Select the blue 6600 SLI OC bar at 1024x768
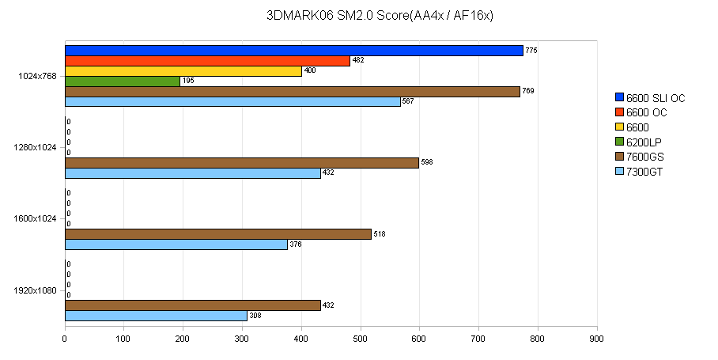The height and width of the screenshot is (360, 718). [293, 51]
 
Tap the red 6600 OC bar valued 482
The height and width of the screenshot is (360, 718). [206, 61]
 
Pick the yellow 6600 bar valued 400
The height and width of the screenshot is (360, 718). [183, 71]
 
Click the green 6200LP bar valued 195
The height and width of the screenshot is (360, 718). [122, 81]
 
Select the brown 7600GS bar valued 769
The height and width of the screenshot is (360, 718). [292, 92]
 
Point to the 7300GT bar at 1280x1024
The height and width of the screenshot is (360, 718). [192, 173]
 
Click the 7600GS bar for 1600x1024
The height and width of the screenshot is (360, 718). [217, 234]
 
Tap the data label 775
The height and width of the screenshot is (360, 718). [531, 51]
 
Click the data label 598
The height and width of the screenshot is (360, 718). [427, 163]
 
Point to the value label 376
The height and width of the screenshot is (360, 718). [296, 244]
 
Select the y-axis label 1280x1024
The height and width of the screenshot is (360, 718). [36, 147]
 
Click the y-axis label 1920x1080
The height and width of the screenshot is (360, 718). [36, 290]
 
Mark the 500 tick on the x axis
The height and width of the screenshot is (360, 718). [361, 339]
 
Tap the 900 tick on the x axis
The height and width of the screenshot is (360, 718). [597, 339]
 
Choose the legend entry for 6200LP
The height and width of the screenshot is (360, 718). [644, 142]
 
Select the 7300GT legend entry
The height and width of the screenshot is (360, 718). [644, 172]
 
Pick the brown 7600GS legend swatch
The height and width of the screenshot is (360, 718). [619, 157]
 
